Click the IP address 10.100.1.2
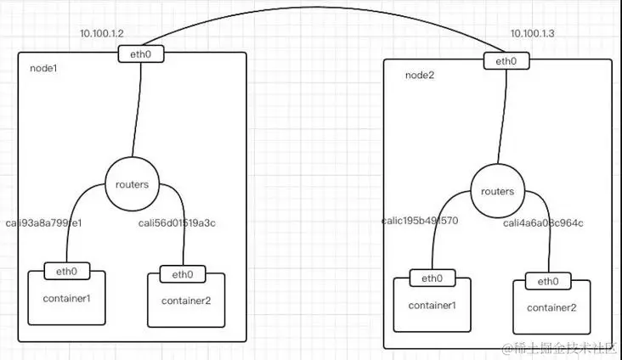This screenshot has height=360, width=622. pos(101,33)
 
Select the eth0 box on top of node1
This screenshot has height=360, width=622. pos(141,55)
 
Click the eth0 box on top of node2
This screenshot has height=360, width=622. pos(506,61)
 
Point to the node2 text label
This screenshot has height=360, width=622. pos(420,74)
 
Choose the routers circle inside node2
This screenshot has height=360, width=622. pos(497,191)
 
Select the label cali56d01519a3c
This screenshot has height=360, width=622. pos(178,224)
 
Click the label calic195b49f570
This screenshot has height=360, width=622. pos(420,221)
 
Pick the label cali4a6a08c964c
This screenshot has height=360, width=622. pos(543,223)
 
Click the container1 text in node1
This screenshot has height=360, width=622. pos(66,298)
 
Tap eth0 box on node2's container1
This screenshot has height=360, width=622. pos(432,278)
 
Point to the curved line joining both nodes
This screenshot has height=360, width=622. pos(323,12)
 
